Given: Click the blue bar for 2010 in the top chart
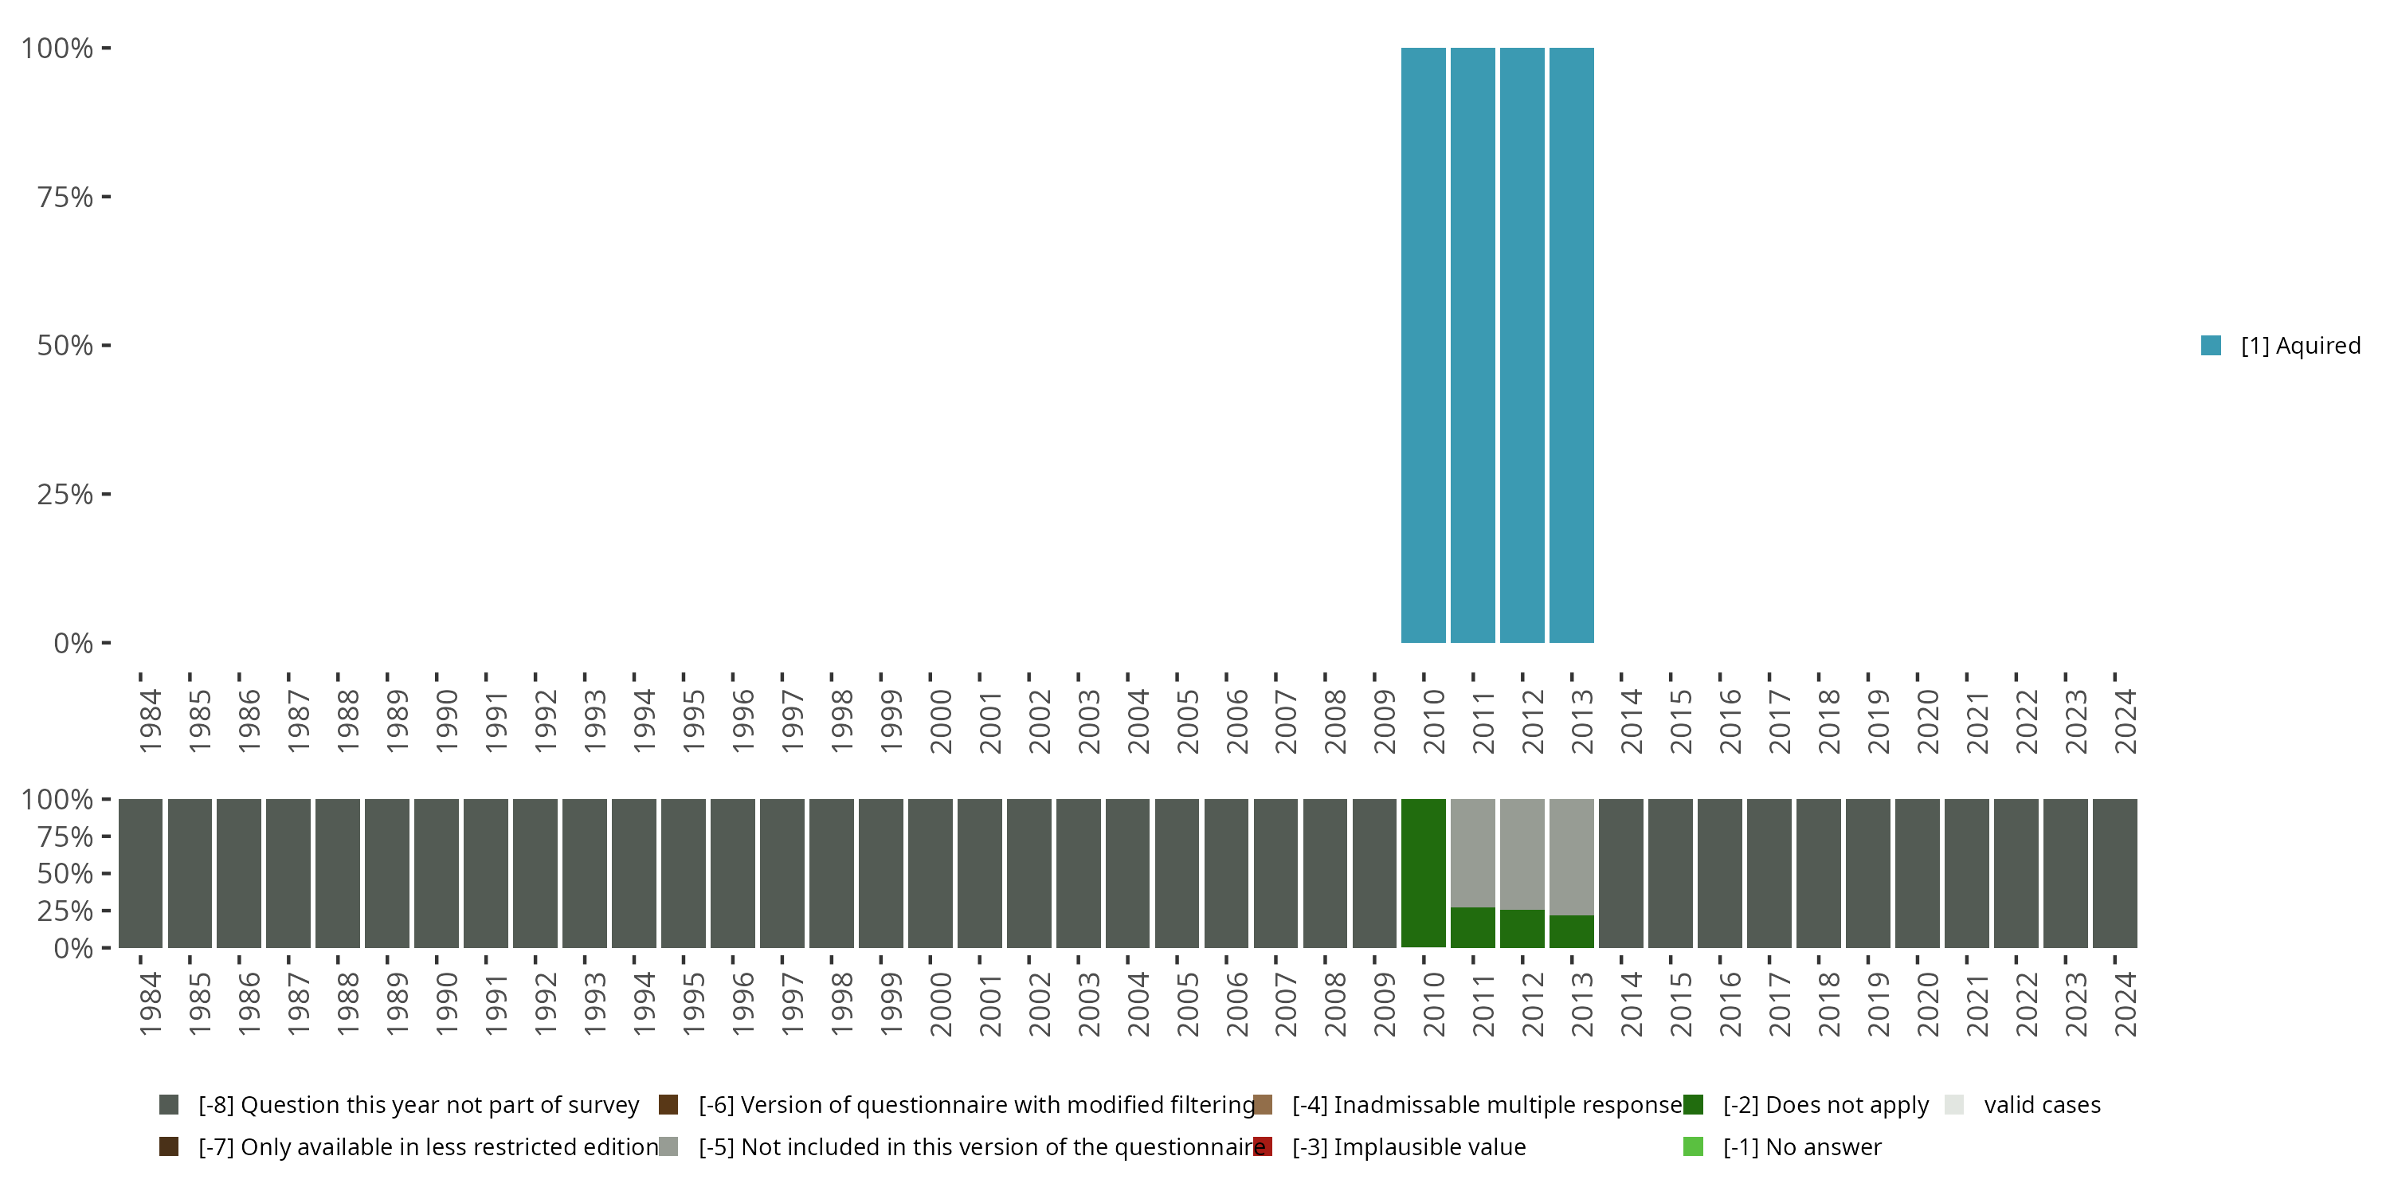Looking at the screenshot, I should [x=1423, y=345].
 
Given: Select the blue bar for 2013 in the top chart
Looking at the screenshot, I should [x=1572, y=345].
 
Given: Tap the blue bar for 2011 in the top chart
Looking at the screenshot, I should [x=1472, y=345].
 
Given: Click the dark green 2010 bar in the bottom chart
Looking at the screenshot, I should [x=1423, y=872].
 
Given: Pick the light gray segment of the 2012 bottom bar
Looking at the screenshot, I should [x=1522, y=853].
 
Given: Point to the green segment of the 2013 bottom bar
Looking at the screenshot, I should [x=1572, y=931].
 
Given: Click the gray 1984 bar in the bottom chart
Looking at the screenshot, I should [x=140, y=872].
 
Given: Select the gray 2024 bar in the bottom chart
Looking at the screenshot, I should [x=2114, y=872].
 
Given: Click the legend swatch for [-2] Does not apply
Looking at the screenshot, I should [x=1693, y=1105].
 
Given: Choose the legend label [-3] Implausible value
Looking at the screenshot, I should [x=1409, y=1146].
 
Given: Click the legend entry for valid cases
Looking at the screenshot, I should [x=2041, y=1105].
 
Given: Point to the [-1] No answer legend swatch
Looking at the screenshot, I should [x=1693, y=1146].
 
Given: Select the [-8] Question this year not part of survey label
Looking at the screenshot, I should [x=418, y=1105].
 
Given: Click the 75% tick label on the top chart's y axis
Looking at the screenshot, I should [x=65, y=197].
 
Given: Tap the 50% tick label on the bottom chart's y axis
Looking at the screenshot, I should [x=65, y=873].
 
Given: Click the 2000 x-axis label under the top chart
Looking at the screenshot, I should [x=941, y=721].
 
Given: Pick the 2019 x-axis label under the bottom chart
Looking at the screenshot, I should [x=1879, y=1004].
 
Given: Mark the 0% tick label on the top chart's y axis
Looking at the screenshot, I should [x=73, y=643].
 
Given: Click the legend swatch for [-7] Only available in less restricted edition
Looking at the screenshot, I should [x=169, y=1146].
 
